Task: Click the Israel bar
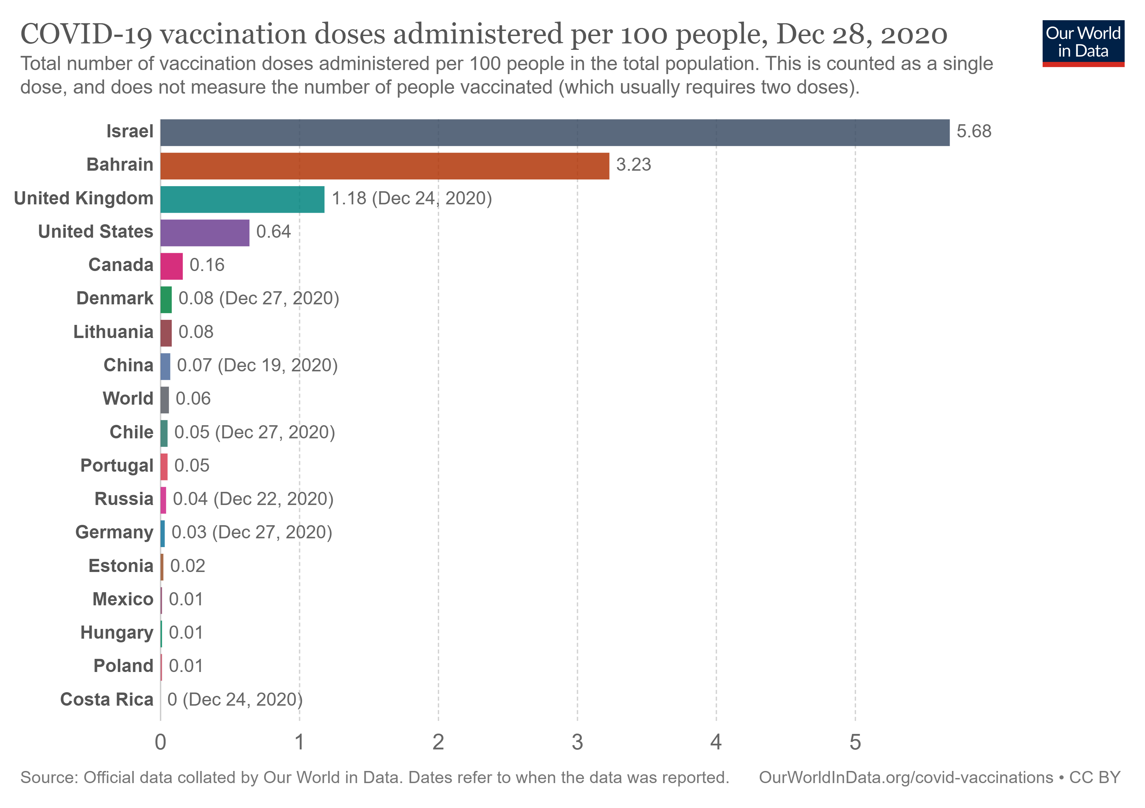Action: point(555,133)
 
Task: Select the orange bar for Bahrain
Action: point(385,166)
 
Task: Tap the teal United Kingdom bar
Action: point(242,199)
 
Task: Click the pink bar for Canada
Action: point(171,266)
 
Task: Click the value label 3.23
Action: point(633,165)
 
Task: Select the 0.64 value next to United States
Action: point(273,232)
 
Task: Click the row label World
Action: point(128,399)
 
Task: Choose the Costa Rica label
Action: point(107,699)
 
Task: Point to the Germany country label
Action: point(114,532)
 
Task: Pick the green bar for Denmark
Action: point(166,300)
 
